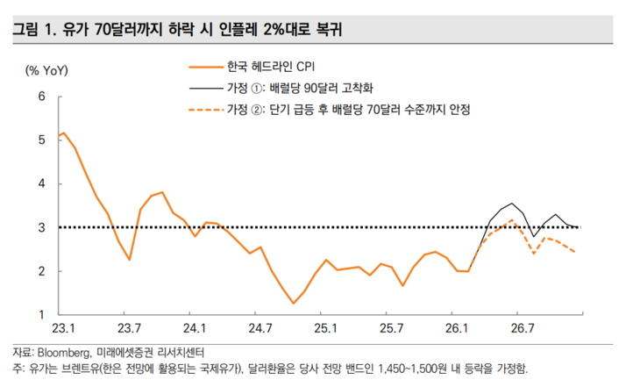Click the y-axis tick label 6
tap(41, 95)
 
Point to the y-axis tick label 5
tap(41, 139)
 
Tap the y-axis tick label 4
tap(41, 183)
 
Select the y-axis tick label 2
tap(41, 271)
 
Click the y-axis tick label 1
tap(41, 314)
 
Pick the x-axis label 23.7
tap(129, 329)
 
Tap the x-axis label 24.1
tap(195, 329)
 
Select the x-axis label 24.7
tap(260, 329)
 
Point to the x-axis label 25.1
tap(326, 329)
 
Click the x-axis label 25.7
tap(391, 329)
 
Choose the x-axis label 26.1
tap(457, 329)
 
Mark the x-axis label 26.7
tap(523, 329)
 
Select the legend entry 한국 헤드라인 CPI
tap(262, 66)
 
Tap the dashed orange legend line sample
tap(205, 111)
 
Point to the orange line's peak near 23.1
tap(64, 133)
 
